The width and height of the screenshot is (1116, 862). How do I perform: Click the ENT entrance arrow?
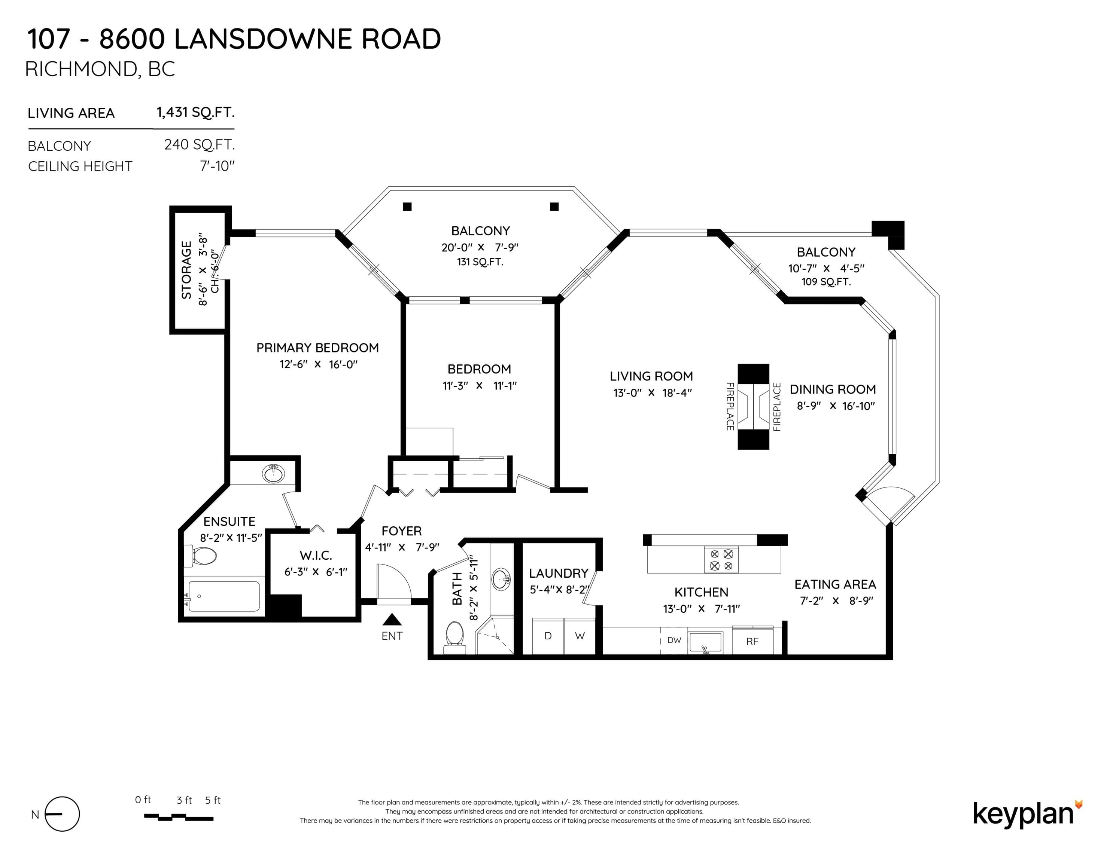click(392, 620)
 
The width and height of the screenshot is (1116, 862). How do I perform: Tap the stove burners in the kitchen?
click(721, 560)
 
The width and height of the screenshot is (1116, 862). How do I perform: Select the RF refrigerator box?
click(752, 641)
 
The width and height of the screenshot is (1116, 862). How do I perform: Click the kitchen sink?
click(705, 642)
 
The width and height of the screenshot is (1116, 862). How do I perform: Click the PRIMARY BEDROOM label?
click(317, 348)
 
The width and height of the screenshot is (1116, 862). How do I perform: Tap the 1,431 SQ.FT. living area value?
click(196, 112)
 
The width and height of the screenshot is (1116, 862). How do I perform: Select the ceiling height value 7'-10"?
click(217, 166)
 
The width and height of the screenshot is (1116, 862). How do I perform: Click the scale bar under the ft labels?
click(179, 817)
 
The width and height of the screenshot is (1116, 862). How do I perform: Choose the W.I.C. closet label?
click(316, 555)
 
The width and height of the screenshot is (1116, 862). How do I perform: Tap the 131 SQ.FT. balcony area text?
click(480, 262)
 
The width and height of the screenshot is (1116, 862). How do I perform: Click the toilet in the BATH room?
click(454, 637)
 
